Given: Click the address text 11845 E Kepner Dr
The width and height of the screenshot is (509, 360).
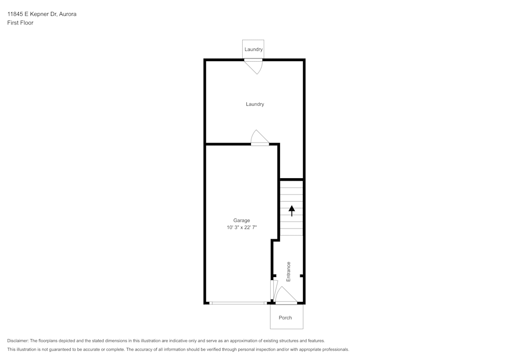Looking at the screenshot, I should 32,14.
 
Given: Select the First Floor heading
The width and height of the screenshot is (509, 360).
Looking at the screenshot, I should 20,23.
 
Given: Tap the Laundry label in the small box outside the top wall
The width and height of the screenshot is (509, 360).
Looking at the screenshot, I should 253,49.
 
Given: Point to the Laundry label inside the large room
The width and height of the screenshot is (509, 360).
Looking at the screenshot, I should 254,104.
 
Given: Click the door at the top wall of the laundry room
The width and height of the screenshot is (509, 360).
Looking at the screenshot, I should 253,65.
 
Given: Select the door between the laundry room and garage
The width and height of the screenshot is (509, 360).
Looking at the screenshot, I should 260,139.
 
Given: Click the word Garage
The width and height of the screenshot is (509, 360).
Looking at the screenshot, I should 241,220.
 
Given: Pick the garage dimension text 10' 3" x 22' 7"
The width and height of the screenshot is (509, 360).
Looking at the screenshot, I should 242,228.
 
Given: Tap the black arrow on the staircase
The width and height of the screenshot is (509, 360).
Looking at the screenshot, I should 292,210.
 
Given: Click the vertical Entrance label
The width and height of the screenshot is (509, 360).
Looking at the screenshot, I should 289,271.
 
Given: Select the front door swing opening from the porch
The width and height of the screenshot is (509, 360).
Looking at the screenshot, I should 285,297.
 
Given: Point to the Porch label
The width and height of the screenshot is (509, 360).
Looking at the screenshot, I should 286,318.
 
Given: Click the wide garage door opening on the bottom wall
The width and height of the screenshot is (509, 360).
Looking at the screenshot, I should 238,303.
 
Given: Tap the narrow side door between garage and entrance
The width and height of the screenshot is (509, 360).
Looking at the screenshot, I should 273,290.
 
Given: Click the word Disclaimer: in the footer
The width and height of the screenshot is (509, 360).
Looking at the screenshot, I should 18,341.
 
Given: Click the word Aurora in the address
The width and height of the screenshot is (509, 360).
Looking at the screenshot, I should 67,14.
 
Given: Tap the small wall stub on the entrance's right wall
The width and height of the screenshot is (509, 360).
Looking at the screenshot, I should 302,276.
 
